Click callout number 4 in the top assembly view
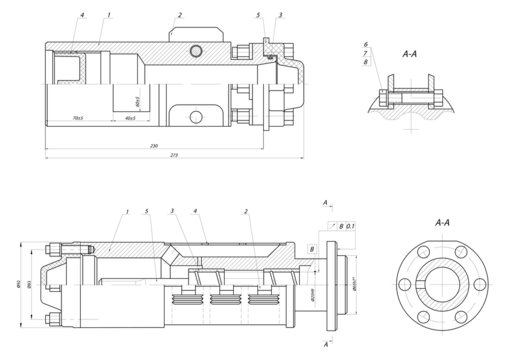click(x=82, y=15)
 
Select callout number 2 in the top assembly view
click(x=179, y=15)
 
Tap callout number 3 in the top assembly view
click(x=280, y=15)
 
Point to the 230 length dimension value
click(x=153, y=147)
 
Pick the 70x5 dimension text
click(x=78, y=118)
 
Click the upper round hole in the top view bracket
click(x=195, y=50)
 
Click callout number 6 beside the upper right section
click(x=366, y=46)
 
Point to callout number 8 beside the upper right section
click(x=366, y=63)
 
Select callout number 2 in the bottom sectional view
click(x=245, y=211)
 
